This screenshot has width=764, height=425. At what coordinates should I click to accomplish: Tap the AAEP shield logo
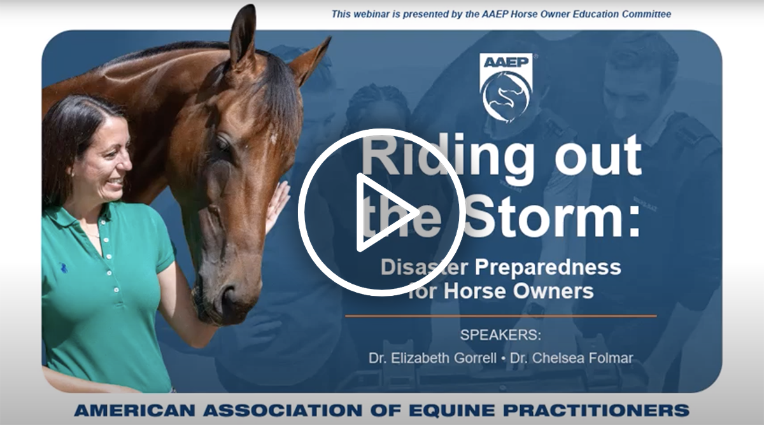pyautogui.click(x=506, y=88)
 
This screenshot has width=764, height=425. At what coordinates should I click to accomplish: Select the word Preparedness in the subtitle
pyautogui.click(x=548, y=268)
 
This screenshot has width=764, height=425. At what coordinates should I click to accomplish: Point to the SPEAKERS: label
pyautogui.click(x=500, y=335)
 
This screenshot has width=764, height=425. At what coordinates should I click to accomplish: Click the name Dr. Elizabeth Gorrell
pyautogui.click(x=432, y=358)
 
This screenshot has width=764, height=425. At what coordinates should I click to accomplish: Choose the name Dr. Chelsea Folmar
pyautogui.click(x=571, y=358)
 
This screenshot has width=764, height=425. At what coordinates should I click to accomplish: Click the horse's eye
pyautogui.click(x=223, y=144)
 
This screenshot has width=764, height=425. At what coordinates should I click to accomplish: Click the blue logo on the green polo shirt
pyautogui.click(x=63, y=268)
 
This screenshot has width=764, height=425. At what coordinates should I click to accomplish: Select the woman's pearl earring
pyautogui.click(x=73, y=174)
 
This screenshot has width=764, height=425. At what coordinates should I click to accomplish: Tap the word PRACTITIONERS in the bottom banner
pyautogui.click(x=597, y=410)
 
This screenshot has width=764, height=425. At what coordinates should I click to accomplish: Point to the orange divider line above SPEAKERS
pyautogui.click(x=500, y=316)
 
